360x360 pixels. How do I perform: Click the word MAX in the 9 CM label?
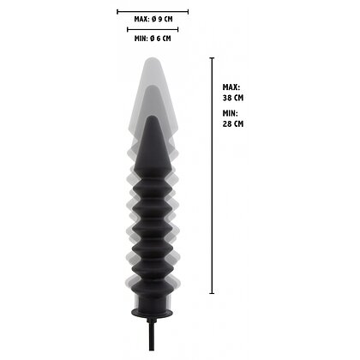[141, 18]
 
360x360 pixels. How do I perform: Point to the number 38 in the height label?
[226, 97]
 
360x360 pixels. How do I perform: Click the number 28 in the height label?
[226, 123]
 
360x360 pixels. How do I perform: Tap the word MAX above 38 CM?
[230, 87]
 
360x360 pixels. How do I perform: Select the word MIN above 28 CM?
[229, 113]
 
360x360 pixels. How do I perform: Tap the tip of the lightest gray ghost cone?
[153, 57]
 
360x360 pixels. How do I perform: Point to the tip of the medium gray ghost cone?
[153, 87]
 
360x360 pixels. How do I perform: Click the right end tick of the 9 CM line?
[189, 13]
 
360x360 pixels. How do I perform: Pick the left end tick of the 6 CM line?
[128, 32]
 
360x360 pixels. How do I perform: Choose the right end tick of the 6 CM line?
[177, 32]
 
